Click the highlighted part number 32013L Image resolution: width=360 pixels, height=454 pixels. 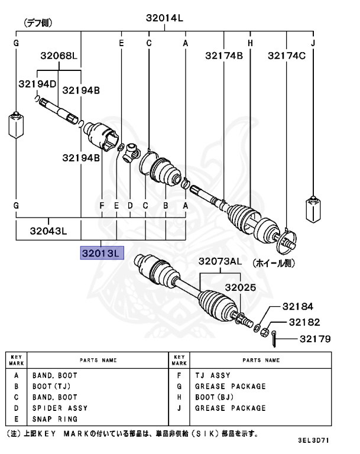click(x=102, y=252)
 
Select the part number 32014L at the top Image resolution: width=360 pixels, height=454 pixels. click(x=165, y=18)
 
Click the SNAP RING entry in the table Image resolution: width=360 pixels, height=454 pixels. click(x=54, y=419)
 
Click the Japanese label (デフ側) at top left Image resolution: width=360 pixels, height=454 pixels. click(x=37, y=23)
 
